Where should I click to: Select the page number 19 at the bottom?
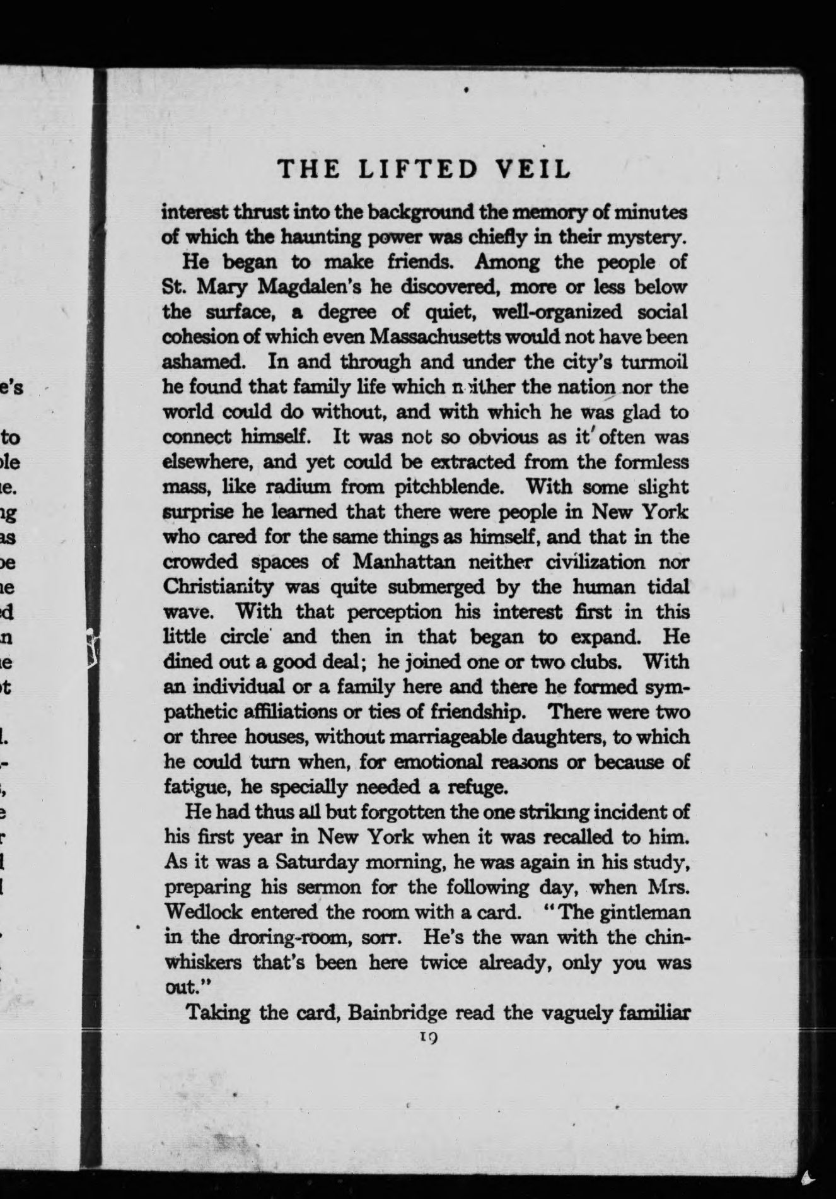coord(427,1036)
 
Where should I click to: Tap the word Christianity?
coord(219,587)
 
